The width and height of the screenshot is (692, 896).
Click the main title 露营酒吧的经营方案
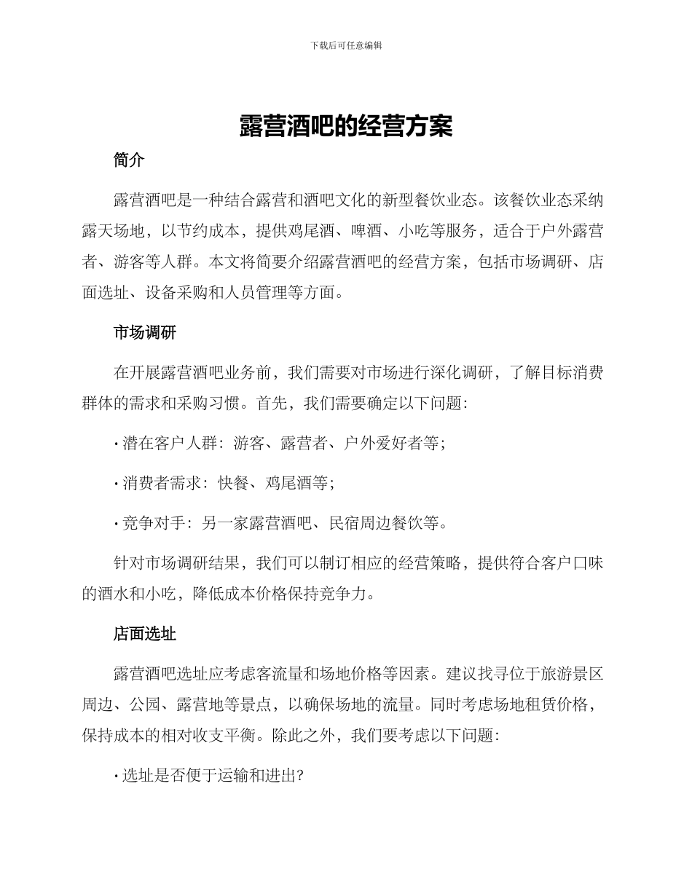point(346,126)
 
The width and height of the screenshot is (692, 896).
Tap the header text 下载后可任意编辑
point(346,45)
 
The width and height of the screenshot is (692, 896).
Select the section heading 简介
point(129,160)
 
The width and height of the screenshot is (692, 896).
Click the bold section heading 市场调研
point(145,333)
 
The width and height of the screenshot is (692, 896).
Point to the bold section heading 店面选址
point(145,634)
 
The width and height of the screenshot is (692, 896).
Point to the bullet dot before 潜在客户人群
point(117,444)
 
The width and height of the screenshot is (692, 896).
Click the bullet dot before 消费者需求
point(117,484)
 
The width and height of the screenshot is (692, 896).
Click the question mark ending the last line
point(299,776)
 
